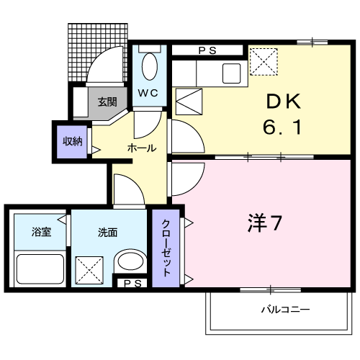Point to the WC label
click(x=148, y=94)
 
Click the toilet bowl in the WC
click(x=150, y=67)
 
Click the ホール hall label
click(x=141, y=148)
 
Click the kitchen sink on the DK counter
click(x=233, y=73)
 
